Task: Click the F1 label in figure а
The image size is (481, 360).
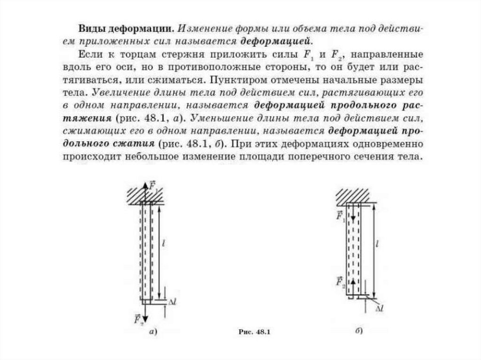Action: click(153, 184)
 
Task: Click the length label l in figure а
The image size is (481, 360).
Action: click(163, 243)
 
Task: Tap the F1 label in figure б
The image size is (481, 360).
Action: click(341, 216)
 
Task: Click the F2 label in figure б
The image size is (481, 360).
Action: click(341, 281)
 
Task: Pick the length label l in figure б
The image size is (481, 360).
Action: click(378, 244)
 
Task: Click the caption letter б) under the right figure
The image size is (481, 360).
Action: click(358, 331)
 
